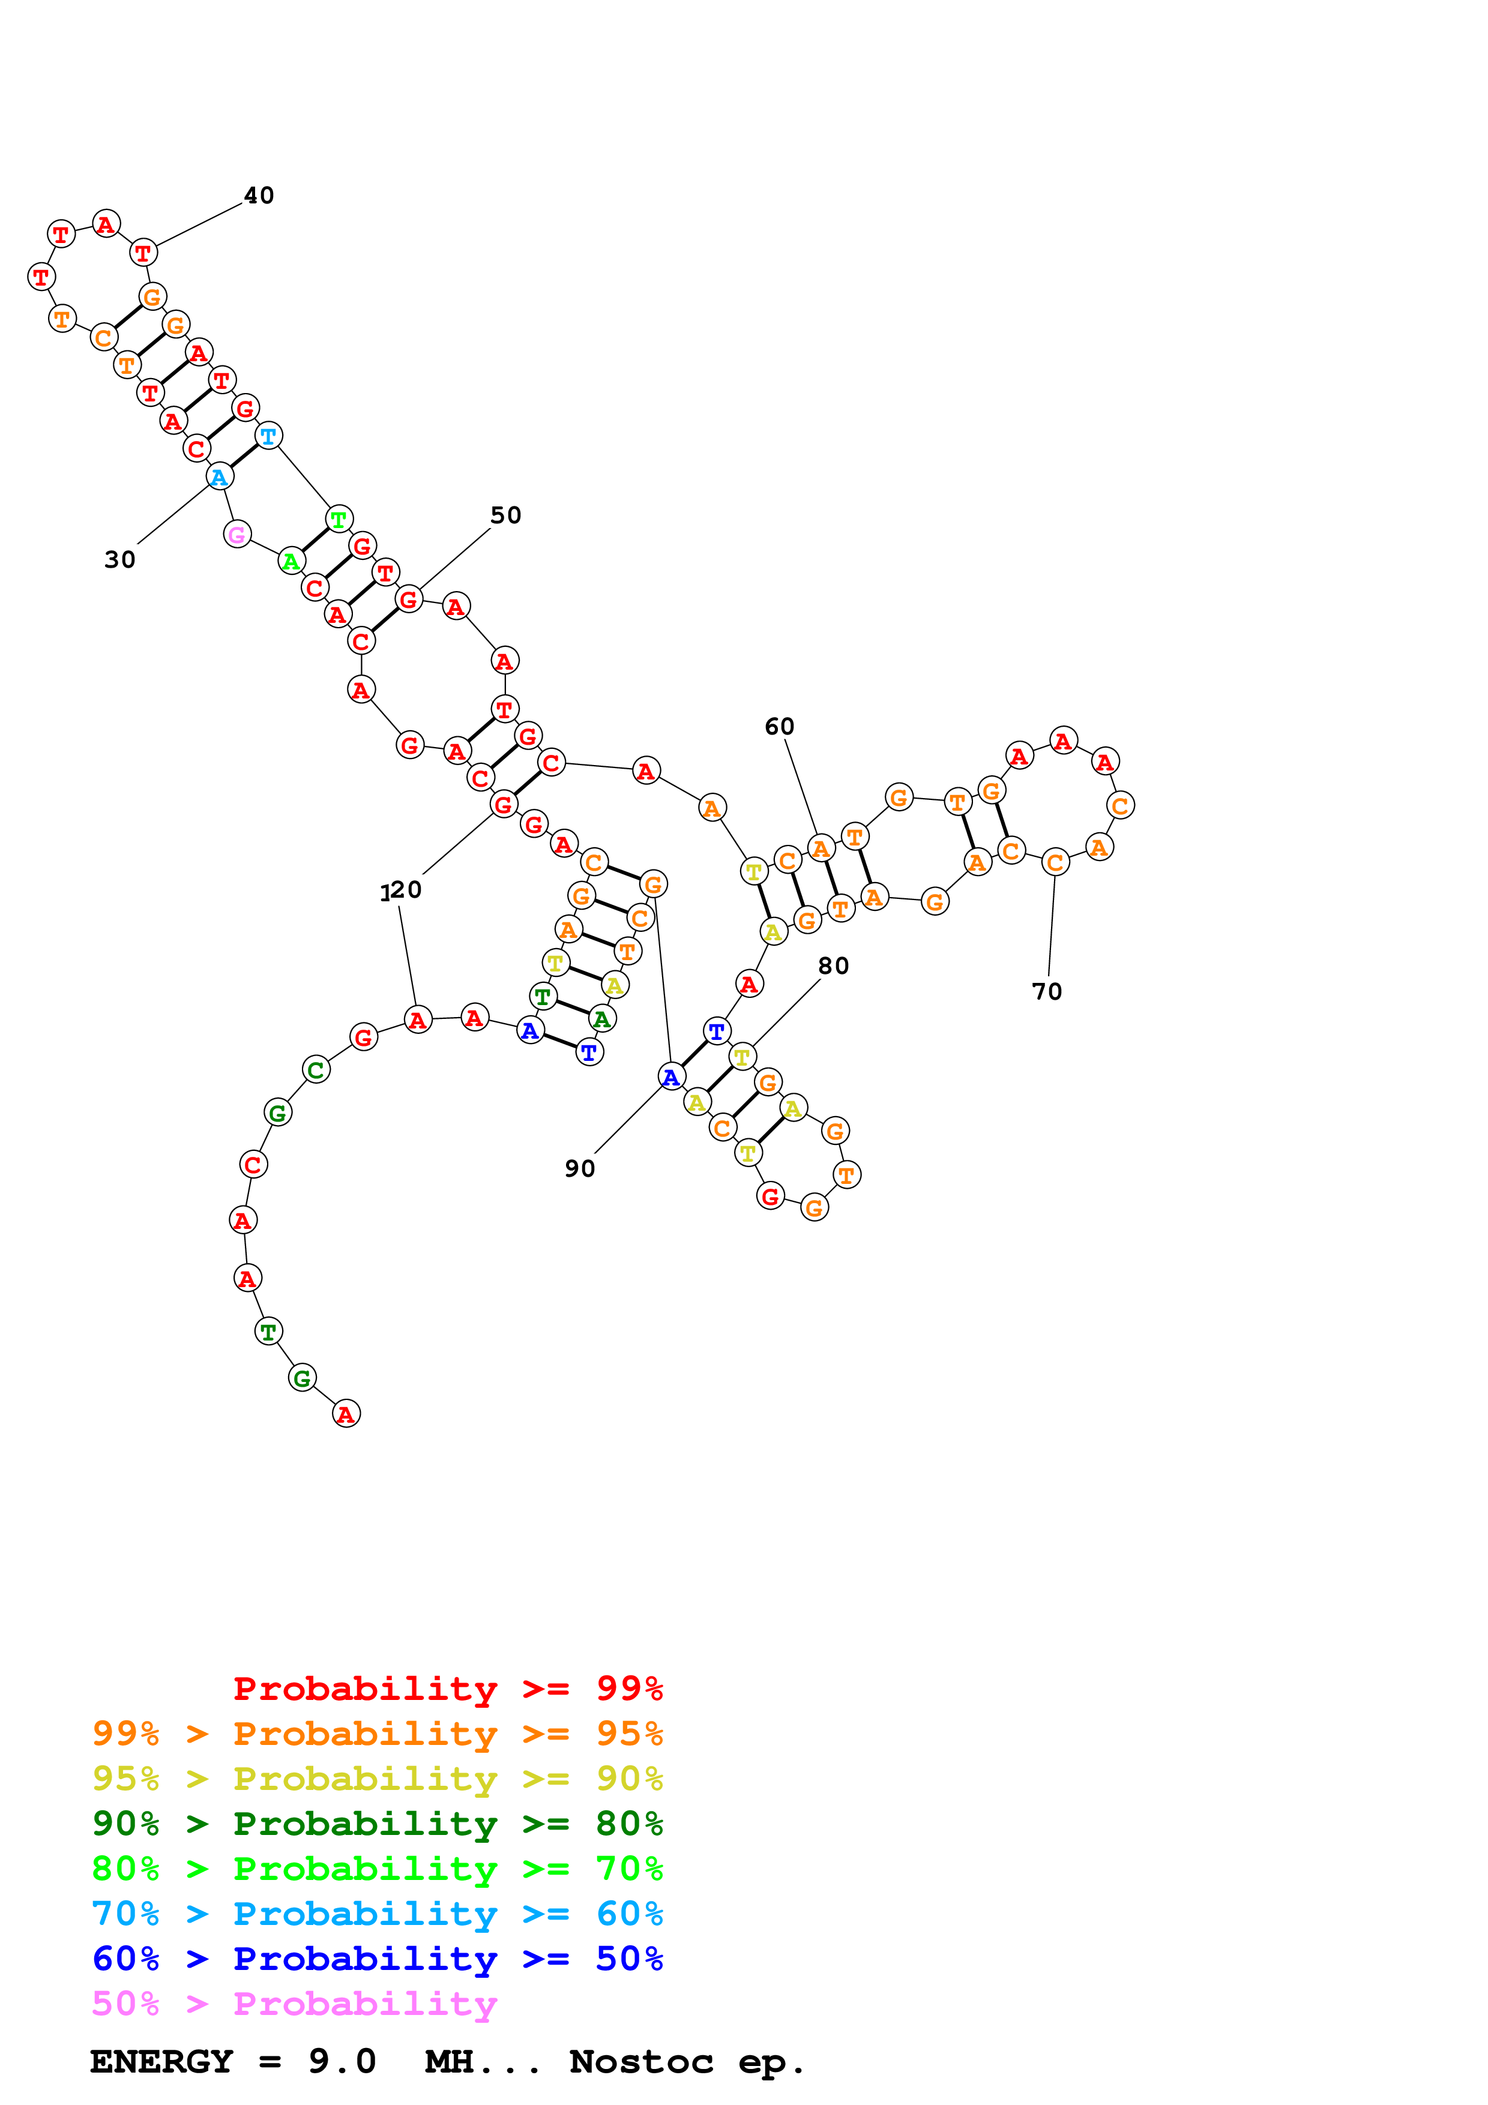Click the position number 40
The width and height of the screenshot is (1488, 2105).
(259, 195)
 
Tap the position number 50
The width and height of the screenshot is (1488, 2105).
(505, 515)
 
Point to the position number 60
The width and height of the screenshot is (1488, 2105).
(779, 726)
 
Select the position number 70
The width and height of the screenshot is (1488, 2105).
(1046, 991)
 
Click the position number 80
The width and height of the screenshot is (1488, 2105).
(833, 965)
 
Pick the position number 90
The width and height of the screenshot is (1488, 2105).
(579, 1168)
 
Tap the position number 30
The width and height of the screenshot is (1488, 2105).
(120, 559)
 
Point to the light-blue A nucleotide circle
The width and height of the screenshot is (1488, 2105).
(219, 476)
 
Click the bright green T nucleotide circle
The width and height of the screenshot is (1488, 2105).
(339, 519)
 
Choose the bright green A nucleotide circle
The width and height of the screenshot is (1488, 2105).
(291, 561)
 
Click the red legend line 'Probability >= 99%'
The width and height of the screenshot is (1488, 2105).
(448, 1688)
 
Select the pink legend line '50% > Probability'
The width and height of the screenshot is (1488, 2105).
(294, 2002)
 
